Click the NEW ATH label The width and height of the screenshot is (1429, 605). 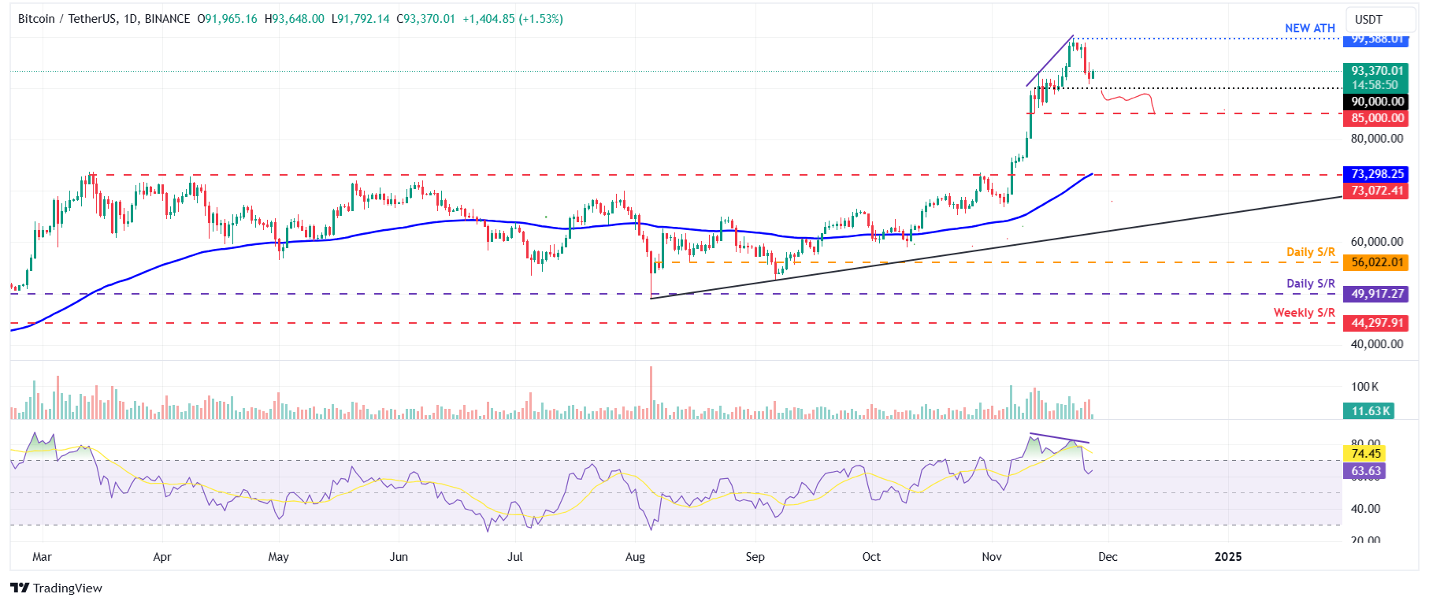tap(1309, 28)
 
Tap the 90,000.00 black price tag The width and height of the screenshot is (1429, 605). tap(1377, 102)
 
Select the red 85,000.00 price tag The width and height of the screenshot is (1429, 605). tap(1377, 118)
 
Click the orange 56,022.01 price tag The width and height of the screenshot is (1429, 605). tap(1377, 262)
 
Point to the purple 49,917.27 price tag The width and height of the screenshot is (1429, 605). tap(1377, 294)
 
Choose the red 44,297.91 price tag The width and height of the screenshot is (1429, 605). tap(1377, 323)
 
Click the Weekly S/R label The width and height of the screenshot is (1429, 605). tap(1304, 313)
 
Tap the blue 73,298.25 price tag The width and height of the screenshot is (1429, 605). tap(1377, 174)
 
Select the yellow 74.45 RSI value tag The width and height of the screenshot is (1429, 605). tap(1365, 453)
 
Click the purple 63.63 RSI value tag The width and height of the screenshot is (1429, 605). tap(1365, 471)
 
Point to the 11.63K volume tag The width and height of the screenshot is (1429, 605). tap(1370, 411)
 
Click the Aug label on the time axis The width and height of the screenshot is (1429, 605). tap(635, 557)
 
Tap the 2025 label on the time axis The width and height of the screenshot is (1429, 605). tap(1227, 557)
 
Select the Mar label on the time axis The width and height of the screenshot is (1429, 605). tap(42, 557)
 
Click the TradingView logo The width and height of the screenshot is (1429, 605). tap(57, 588)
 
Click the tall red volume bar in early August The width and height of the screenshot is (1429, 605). tap(651, 392)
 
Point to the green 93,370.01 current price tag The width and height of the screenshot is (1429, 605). tap(1377, 71)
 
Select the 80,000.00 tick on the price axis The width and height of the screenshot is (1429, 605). tap(1376, 139)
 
